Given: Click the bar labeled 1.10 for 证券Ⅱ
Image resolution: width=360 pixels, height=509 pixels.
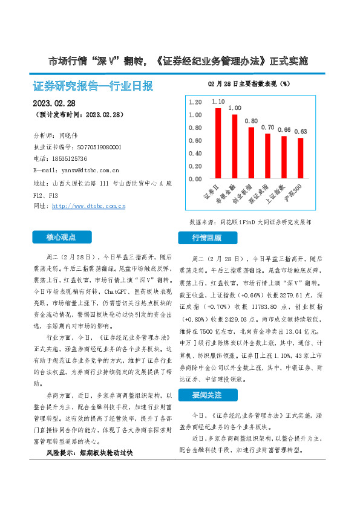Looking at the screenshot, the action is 218,143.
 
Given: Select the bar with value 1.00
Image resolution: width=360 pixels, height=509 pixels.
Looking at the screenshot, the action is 235,146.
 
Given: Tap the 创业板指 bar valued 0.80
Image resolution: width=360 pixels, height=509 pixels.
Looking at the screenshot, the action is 251,153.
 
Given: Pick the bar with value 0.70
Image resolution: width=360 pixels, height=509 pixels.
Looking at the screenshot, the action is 267,156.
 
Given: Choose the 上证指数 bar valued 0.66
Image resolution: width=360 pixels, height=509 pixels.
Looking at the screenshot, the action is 284,157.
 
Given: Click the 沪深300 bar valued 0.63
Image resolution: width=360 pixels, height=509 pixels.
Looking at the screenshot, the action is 300,158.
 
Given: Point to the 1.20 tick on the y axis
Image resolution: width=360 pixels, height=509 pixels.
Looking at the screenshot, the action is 195,102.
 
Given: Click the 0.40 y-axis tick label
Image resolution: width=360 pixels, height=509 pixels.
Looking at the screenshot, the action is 195,153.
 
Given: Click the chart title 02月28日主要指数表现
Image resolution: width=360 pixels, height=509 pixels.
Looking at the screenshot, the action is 249,83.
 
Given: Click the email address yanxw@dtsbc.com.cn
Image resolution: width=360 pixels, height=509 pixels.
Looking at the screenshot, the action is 82,170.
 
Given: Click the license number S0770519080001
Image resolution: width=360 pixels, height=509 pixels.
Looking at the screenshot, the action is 97,147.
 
